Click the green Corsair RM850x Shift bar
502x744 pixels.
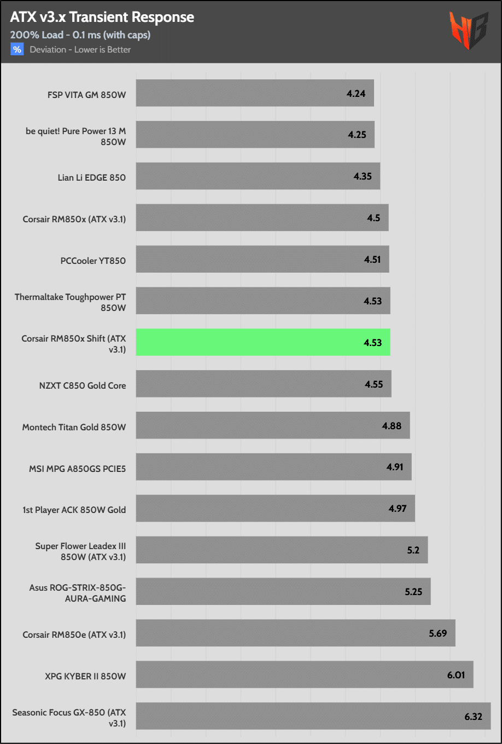pos(262,342)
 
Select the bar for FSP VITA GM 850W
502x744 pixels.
pos(254,93)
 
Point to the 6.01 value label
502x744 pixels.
pos(456,675)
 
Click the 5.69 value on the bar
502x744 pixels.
pos(437,633)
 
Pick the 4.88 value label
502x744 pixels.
pos(392,426)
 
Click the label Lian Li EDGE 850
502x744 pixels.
pos(92,177)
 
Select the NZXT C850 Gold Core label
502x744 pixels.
pos(83,385)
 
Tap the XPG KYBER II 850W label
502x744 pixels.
pos(85,676)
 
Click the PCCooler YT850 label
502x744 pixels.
pos(93,261)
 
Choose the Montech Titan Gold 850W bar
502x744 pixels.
pos(272,425)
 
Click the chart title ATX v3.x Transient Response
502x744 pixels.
pos(102,17)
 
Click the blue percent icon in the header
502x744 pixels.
pos(17,49)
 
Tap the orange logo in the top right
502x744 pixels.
pos(468,31)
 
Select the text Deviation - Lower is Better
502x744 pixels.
pos(80,49)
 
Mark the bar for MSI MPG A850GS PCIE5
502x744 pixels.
pos(273,467)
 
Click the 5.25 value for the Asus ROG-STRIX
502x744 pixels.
pos(413,592)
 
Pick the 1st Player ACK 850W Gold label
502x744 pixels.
pos(74,510)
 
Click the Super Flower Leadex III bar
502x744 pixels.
pos(282,550)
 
